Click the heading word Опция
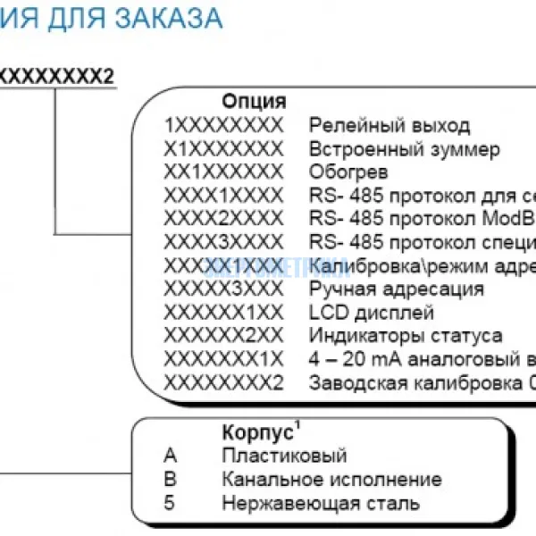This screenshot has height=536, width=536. click(x=254, y=101)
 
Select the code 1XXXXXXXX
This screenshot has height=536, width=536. click(x=223, y=125)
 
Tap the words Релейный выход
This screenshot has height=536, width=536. click(x=389, y=125)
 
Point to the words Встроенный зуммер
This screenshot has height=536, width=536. click(x=404, y=149)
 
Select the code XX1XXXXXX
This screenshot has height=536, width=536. click(x=223, y=172)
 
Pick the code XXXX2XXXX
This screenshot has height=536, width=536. click(x=223, y=219)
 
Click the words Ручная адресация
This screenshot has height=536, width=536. click(x=397, y=289)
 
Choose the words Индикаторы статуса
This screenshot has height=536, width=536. click(x=406, y=337)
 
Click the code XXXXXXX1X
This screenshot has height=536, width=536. click(x=223, y=360)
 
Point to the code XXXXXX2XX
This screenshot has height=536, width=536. click(x=223, y=337)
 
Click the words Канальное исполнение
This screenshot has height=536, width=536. click(x=331, y=480)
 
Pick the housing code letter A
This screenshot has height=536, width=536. click(x=171, y=456)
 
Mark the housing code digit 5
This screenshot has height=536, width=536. click(x=170, y=503)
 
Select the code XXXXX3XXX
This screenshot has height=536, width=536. click(x=223, y=289)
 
